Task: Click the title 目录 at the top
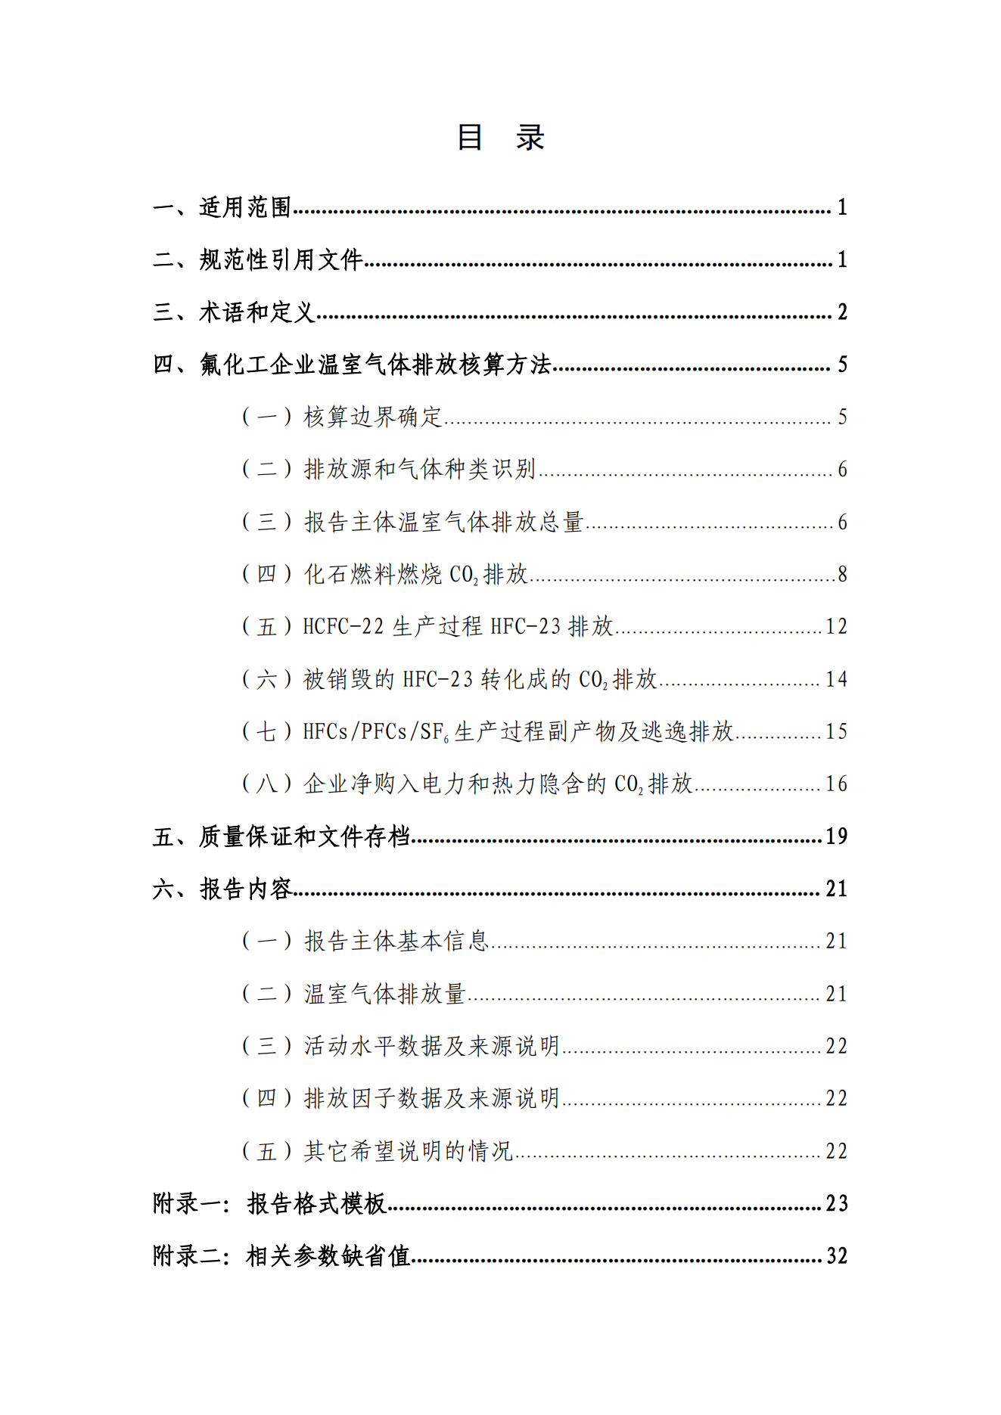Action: click(500, 138)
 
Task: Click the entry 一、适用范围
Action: click(222, 207)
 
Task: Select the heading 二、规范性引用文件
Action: click(258, 260)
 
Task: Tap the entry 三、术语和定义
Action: click(234, 312)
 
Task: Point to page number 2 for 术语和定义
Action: click(841, 312)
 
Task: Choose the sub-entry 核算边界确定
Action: click(372, 417)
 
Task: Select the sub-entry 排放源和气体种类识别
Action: click(419, 470)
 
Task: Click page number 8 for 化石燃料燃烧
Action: click(841, 575)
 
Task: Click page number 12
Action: click(836, 627)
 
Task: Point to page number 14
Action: click(836, 679)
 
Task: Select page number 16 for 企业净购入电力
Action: click(836, 784)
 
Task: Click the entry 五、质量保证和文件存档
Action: click(281, 836)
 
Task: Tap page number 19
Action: click(836, 836)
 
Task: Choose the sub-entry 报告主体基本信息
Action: click(396, 942)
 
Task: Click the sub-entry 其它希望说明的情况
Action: click(408, 1151)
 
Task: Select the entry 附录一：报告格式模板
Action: click(269, 1203)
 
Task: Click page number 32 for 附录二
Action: click(836, 1256)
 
